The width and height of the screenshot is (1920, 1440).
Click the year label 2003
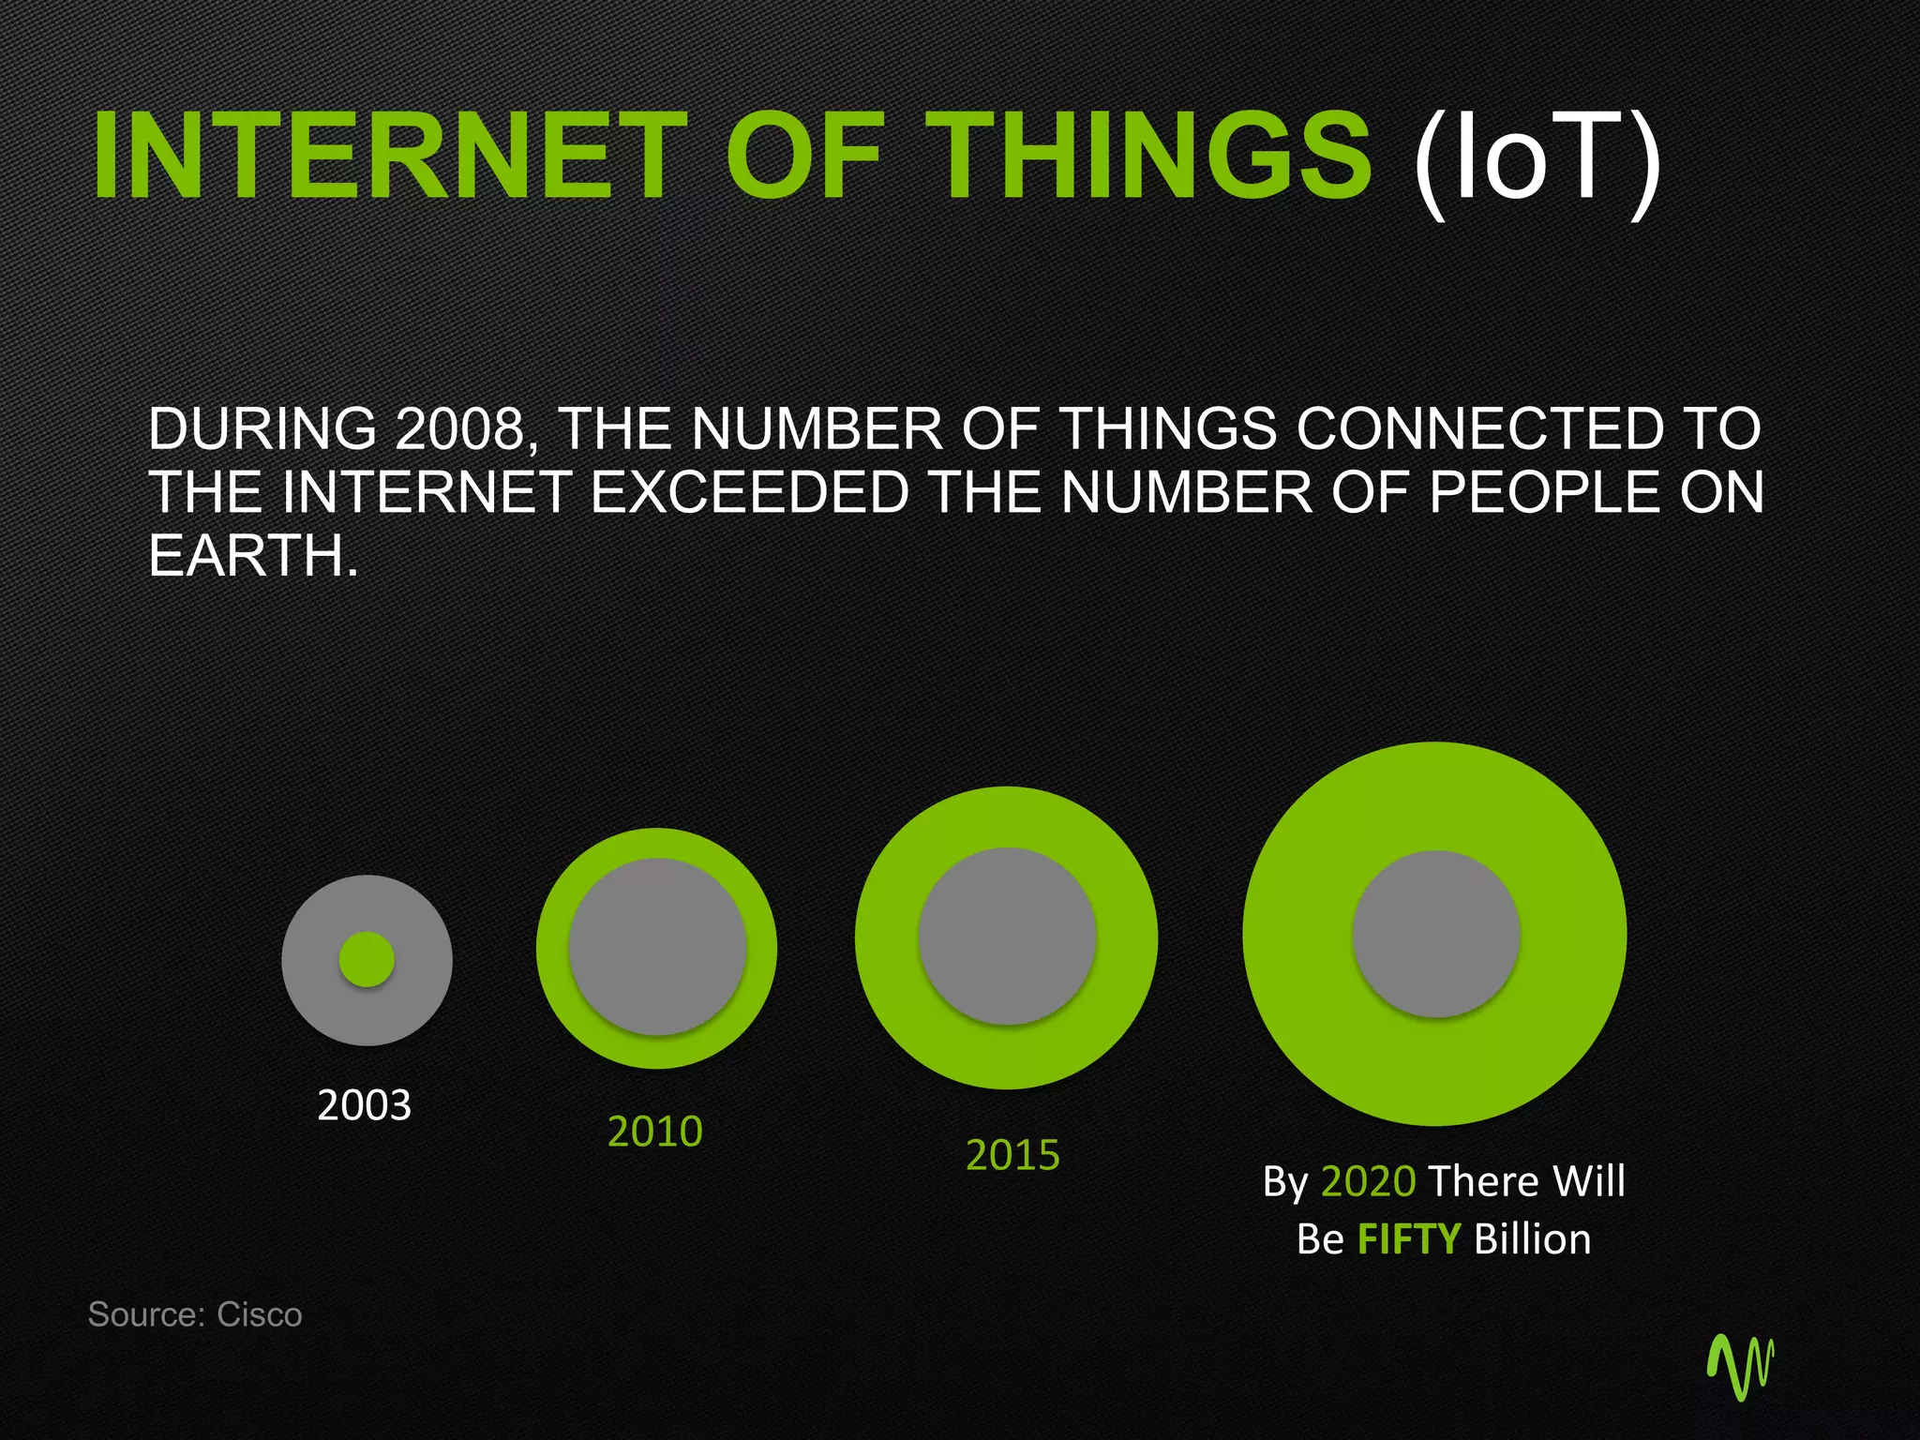[x=364, y=1105]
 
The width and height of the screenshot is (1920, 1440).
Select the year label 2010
[x=654, y=1132]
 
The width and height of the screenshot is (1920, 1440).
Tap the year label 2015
[x=1012, y=1155]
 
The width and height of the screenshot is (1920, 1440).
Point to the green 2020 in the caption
[x=1368, y=1181]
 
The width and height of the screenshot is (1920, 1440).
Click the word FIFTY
[x=1408, y=1239]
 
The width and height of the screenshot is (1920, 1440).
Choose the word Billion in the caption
[x=1532, y=1239]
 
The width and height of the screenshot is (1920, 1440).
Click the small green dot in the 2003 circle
[x=367, y=959]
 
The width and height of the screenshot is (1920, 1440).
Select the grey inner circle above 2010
[x=657, y=947]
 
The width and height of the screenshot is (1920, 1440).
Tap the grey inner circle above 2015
[x=1007, y=936]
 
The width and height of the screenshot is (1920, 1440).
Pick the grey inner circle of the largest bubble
[x=1435, y=934]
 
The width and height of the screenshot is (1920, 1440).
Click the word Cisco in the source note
[x=260, y=1314]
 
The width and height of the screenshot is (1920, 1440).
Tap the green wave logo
[x=1740, y=1366]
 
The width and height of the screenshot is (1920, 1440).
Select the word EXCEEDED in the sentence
[x=749, y=492]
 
